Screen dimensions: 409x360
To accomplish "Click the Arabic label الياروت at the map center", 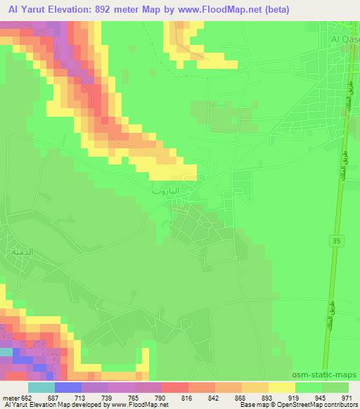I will (166, 191).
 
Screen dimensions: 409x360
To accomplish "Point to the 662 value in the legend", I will (25, 397).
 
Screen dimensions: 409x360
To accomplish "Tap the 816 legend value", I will (185, 397).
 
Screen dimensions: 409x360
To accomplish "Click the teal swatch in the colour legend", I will (41, 387).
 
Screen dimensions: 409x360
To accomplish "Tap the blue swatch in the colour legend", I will (68, 387).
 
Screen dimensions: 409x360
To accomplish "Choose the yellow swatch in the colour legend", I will (281, 387).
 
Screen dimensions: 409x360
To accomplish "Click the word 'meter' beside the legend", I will (10, 397).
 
